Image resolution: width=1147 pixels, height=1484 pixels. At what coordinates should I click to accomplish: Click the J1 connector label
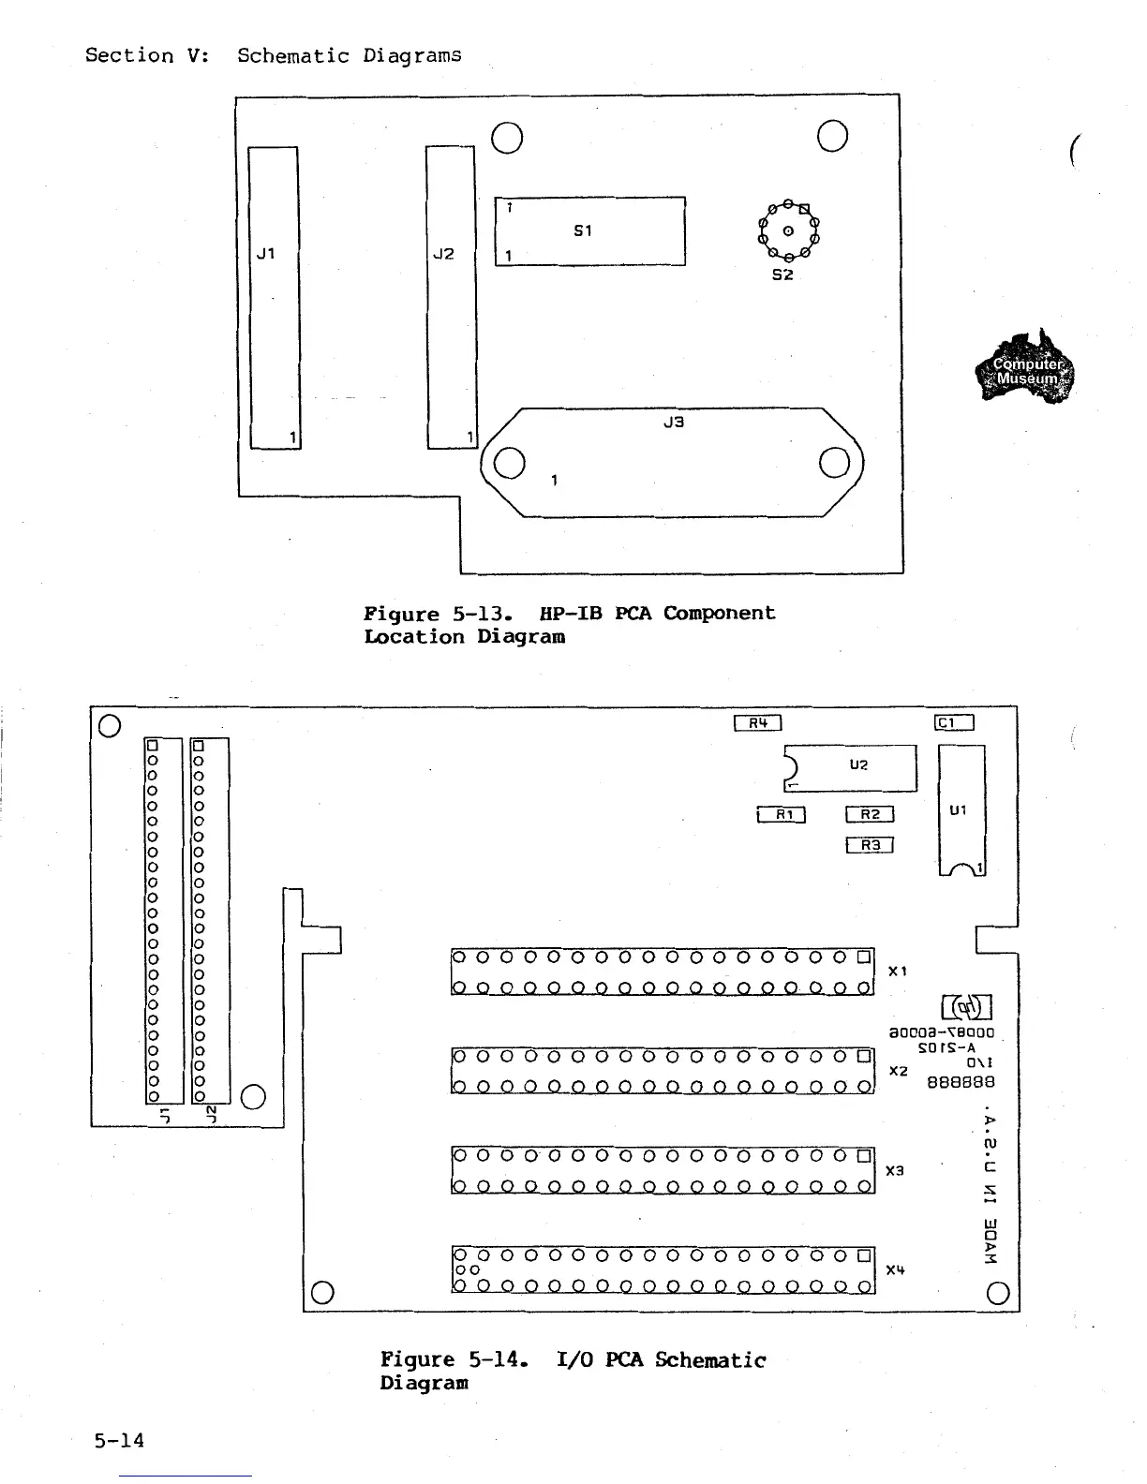266,254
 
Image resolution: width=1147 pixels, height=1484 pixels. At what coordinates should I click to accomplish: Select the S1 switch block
589,231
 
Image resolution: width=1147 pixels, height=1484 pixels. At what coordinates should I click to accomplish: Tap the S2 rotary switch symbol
788,230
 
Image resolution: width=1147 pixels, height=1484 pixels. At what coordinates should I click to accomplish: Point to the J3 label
673,423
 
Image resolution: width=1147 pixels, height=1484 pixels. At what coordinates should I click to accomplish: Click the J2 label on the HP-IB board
443,254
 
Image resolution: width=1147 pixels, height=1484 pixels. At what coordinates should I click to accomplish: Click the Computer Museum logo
1026,368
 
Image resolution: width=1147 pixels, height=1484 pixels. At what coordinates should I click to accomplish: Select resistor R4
757,722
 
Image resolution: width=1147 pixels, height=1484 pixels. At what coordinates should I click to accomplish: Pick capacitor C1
955,722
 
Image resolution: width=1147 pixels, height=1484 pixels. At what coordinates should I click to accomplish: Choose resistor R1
781,814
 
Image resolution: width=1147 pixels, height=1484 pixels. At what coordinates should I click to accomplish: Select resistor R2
870,814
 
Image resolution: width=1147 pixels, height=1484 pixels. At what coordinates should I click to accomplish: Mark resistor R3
870,845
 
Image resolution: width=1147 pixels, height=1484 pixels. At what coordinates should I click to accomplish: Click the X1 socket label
898,972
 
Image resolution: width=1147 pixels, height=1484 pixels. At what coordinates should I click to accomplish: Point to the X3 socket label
895,1171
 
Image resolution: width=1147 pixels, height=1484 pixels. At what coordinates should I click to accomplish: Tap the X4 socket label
895,1271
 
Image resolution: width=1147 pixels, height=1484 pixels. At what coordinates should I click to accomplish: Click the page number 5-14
119,1440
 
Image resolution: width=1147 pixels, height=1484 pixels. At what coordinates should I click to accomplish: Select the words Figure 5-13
438,615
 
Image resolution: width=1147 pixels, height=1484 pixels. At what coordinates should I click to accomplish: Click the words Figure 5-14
454,1359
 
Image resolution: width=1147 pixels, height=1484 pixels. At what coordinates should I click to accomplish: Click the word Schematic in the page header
292,55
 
